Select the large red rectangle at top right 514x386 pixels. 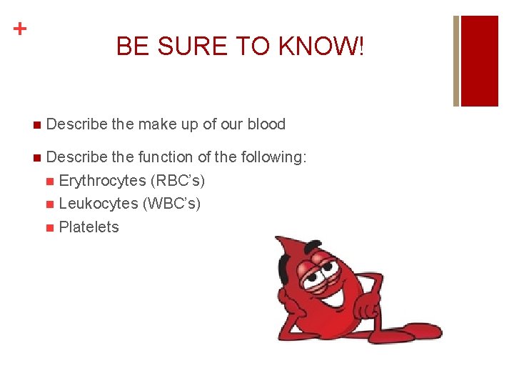[x=480, y=61]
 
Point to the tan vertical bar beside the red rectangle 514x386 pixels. [x=457, y=61]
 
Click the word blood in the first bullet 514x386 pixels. [x=266, y=124]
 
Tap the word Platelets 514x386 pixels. [x=89, y=227]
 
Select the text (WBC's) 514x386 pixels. [x=172, y=204]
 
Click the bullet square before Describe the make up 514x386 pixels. [x=36, y=125]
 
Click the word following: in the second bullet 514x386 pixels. [x=273, y=157]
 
